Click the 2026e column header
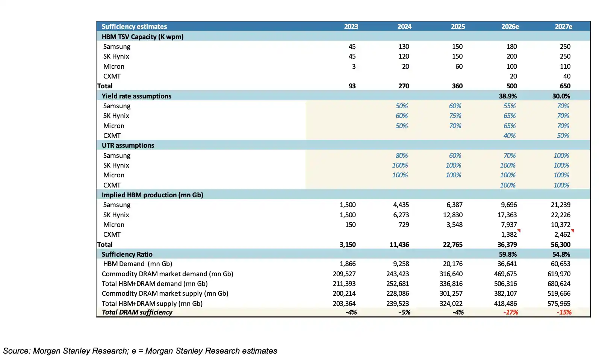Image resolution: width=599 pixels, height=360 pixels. tap(510, 26)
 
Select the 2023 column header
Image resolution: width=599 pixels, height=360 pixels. tap(351, 26)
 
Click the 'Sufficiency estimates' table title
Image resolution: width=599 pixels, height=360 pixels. tap(134, 26)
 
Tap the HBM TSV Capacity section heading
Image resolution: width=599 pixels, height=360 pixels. tap(142, 37)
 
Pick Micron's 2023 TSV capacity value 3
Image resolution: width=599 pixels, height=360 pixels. tap(354, 67)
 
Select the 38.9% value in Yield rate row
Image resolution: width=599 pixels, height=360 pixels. tap(508, 96)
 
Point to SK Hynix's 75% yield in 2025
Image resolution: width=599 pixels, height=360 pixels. tap(455, 115)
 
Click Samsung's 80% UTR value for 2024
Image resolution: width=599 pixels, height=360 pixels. tap(402, 156)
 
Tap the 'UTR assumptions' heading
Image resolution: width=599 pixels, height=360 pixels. tap(128, 145)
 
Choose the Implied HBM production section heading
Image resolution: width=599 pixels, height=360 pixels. tap(153, 195)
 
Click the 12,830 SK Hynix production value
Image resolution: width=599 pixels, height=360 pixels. tap(455, 215)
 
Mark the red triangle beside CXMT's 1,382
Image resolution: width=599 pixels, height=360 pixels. tap(519, 231)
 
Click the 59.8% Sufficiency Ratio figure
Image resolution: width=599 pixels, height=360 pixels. tap(508, 254)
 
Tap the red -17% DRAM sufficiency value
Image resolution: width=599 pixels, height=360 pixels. tap(511, 312)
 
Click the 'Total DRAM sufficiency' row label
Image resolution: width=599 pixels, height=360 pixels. tap(137, 312)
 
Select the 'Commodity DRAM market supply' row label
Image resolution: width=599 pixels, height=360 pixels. tap(165, 293)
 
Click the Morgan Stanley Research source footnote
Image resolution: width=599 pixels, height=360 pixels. tap(140, 351)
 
